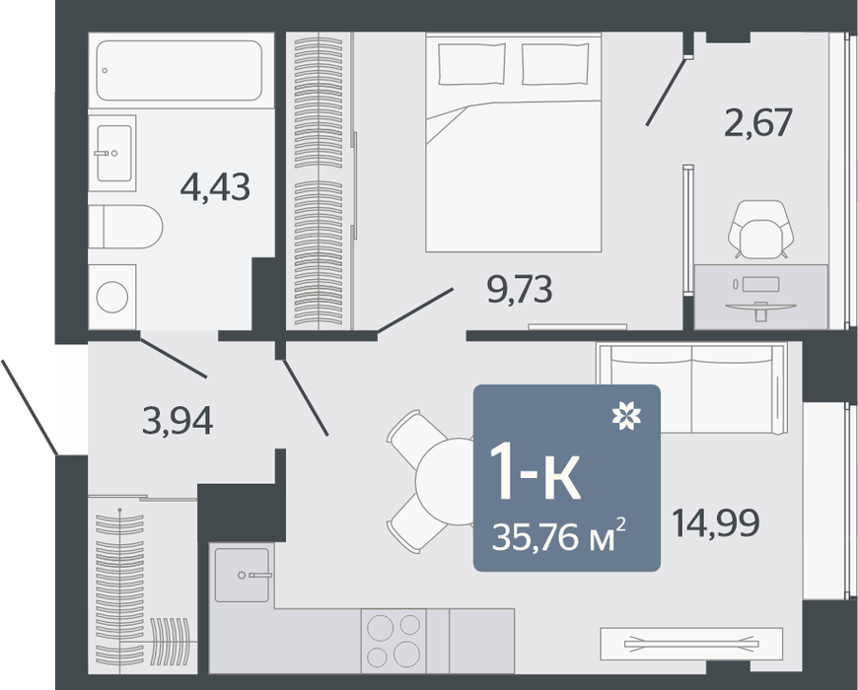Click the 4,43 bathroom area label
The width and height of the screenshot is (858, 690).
(215, 187)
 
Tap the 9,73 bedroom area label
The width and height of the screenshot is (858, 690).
(520, 289)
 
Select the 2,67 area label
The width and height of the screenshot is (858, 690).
(758, 122)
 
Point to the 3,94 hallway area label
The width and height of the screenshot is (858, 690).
(178, 421)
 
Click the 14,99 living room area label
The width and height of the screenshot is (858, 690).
(715, 522)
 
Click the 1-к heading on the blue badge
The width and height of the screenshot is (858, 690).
(535, 473)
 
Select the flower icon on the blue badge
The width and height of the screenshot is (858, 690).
(626, 415)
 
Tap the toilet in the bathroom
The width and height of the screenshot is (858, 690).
(126, 227)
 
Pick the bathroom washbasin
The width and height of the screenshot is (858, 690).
(113, 153)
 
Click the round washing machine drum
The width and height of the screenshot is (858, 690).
(112, 297)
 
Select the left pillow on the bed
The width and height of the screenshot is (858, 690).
(471, 63)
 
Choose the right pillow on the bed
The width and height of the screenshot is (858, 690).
(555, 63)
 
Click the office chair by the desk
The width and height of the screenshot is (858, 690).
(760, 229)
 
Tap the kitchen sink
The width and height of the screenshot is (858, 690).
(243, 575)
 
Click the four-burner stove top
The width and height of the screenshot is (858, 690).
(393, 641)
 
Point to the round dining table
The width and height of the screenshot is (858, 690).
(446, 481)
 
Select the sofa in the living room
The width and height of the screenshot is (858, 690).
(692, 388)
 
